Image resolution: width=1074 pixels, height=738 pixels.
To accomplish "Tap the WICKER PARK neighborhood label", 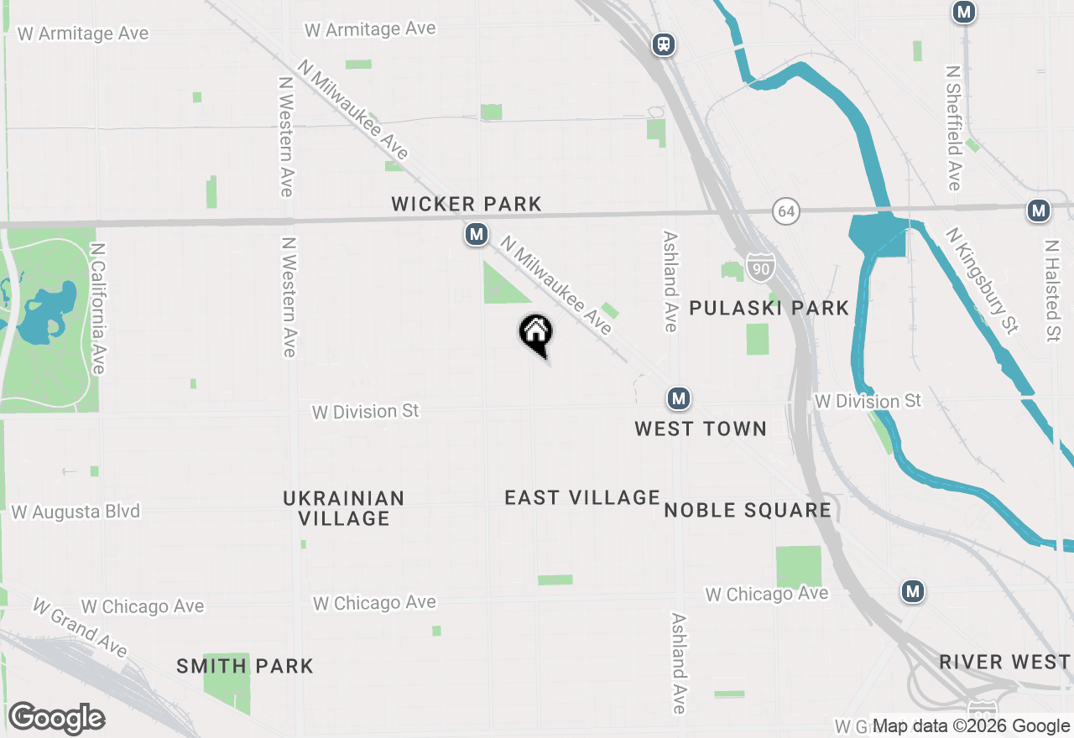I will click(x=467, y=204).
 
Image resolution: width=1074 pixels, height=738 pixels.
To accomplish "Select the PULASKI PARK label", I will click(x=769, y=308).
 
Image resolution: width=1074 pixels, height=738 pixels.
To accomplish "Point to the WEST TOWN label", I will click(x=701, y=429).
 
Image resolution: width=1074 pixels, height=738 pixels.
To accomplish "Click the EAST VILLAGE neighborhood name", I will click(x=582, y=497).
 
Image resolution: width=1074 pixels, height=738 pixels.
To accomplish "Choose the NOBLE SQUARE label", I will click(x=748, y=510).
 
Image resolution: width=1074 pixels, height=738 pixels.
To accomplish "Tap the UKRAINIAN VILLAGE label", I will click(x=344, y=508).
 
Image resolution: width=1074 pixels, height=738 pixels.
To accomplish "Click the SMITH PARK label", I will click(x=245, y=667).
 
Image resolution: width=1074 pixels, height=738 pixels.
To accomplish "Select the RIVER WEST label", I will click(x=1004, y=662).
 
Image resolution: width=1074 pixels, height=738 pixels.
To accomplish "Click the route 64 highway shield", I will click(x=785, y=211).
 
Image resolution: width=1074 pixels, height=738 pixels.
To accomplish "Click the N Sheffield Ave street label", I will click(x=954, y=128).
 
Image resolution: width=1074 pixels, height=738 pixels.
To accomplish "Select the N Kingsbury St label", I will click(x=982, y=280).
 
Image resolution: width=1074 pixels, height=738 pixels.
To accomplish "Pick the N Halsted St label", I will click(x=1052, y=291).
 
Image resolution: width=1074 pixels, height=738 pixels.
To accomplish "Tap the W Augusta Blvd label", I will click(x=76, y=512).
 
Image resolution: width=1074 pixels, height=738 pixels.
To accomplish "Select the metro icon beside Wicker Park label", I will click(x=477, y=234).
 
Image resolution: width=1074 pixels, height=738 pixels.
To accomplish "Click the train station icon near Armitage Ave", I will click(x=664, y=44).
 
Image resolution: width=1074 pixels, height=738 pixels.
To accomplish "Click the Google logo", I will click(x=56, y=719).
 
